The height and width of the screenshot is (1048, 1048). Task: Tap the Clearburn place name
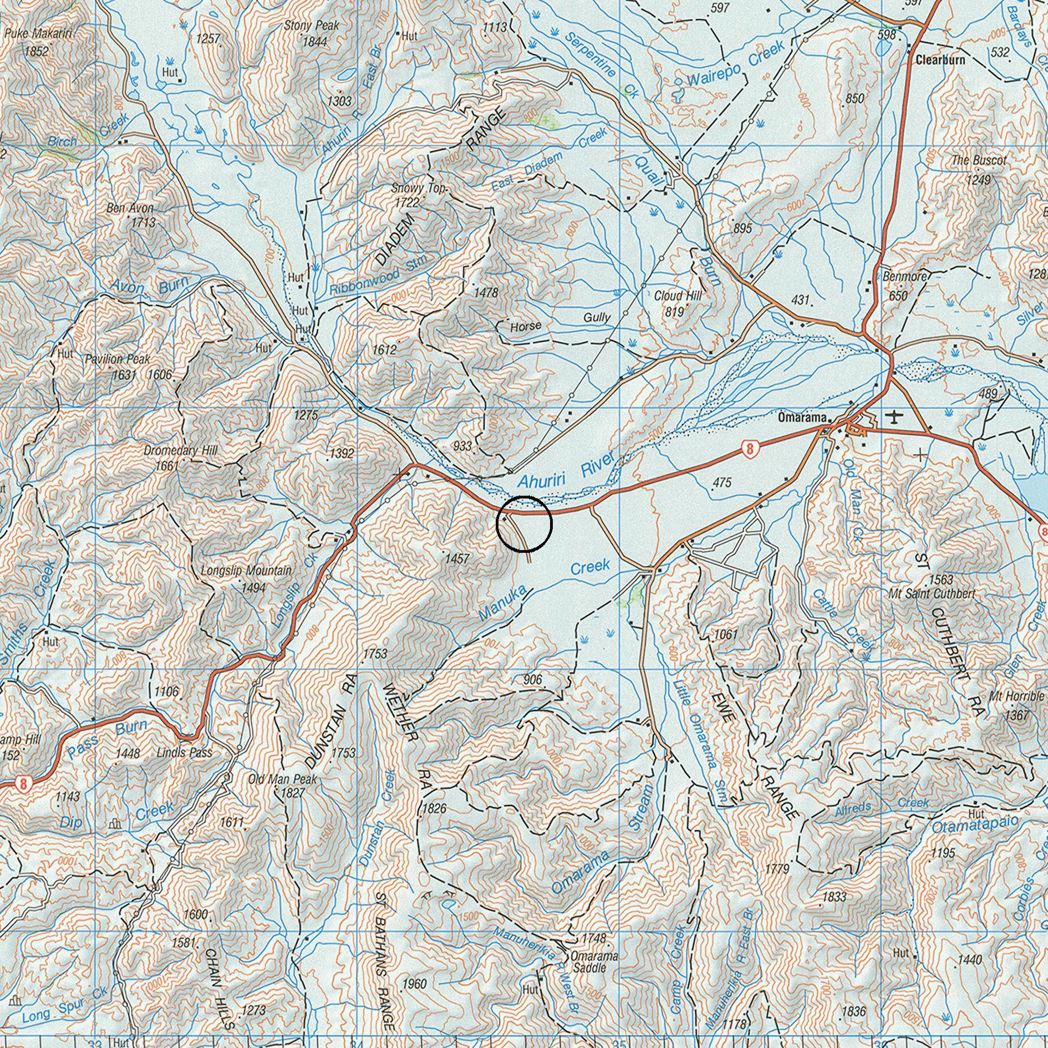pyautogui.click(x=940, y=60)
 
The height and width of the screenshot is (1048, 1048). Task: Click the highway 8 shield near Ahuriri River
pyautogui.click(x=749, y=449)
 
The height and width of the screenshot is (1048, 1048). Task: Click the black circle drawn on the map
pyautogui.click(x=524, y=524)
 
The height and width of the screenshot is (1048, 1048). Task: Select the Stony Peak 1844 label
pyautogui.click(x=311, y=33)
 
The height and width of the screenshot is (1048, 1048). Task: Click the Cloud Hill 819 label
pyautogui.click(x=678, y=303)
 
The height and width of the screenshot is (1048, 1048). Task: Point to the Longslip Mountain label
pyautogui.click(x=246, y=571)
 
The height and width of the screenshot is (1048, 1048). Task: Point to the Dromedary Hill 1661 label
pyautogui.click(x=173, y=457)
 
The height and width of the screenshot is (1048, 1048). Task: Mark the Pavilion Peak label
pyautogui.click(x=117, y=359)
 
